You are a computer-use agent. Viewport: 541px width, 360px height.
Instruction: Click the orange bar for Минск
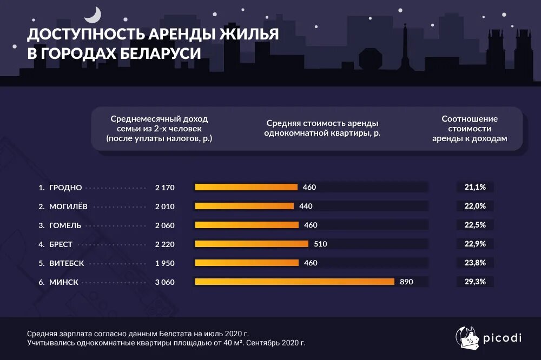[x=294, y=282]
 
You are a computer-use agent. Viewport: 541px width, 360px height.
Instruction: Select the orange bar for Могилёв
[x=244, y=206]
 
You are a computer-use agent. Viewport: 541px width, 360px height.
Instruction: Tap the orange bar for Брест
[x=252, y=244]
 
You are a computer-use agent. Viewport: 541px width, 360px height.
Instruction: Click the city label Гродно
[x=65, y=188]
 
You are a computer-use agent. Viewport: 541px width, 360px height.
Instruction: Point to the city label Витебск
[x=67, y=263]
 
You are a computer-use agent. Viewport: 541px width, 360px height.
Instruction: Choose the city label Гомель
[x=65, y=225]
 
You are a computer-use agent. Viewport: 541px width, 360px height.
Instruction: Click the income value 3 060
[x=164, y=282]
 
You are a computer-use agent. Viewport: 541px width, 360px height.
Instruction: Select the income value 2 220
[x=164, y=244]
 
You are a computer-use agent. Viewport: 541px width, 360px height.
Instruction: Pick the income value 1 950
[x=164, y=263]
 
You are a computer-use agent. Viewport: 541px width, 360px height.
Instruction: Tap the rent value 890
[x=406, y=282]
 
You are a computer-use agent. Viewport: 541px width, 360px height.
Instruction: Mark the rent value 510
[x=320, y=244]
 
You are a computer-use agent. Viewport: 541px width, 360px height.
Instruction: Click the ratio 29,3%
[x=475, y=282]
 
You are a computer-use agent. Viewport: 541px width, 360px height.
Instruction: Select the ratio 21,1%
[x=475, y=187]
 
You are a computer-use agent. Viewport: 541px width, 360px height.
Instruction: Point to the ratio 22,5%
[x=475, y=225]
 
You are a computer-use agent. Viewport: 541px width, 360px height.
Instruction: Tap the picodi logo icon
[x=466, y=338]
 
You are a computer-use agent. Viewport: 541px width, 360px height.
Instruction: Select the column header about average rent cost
[x=321, y=128]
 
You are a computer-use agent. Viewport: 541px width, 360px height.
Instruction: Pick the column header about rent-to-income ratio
[x=470, y=128]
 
